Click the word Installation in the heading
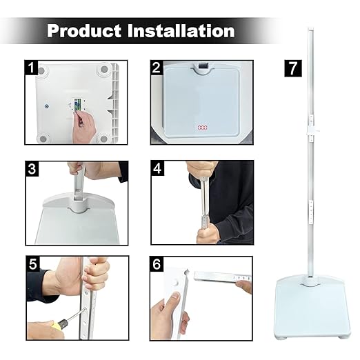tap(181, 31)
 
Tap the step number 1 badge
tap(31, 68)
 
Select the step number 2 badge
tap(157, 68)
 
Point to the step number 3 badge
tap(31, 168)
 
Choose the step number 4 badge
tap(157, 168)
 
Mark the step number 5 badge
tap(31, 263)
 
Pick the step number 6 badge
tap(157, 263)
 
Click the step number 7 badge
tap(292, 68)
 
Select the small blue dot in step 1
tap(46, 107)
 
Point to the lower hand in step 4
tap(207, 233)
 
